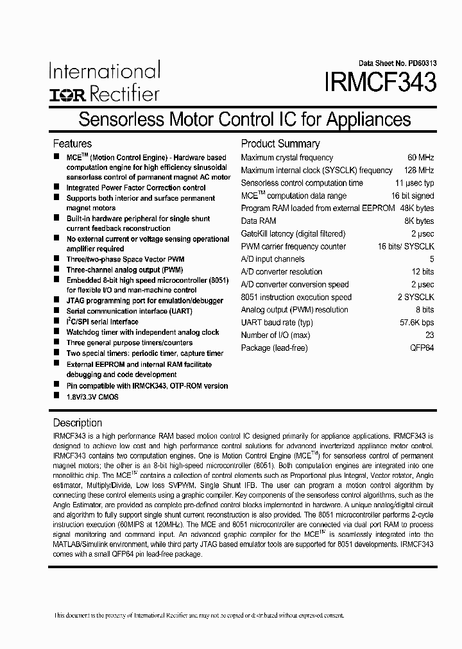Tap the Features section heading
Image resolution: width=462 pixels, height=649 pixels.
tap(72, 144)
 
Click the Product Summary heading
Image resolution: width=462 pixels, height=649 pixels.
tap(280, 144)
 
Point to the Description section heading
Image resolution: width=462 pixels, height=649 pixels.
tap(77, 423)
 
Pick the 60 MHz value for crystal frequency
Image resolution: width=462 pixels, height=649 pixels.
tap(420, 158)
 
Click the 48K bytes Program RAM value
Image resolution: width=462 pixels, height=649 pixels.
tap(416, 208)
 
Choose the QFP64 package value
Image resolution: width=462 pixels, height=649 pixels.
tap(422, 348)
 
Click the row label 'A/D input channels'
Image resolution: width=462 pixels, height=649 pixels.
tap(273, 259)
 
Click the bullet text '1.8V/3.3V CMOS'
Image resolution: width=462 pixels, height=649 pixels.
tap(92, 397)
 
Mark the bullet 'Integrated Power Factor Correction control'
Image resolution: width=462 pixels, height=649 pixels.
tap(136, 188)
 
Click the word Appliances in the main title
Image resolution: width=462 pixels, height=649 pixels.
tap(368, 119)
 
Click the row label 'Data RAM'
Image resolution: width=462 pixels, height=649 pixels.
tap(258, 221)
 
